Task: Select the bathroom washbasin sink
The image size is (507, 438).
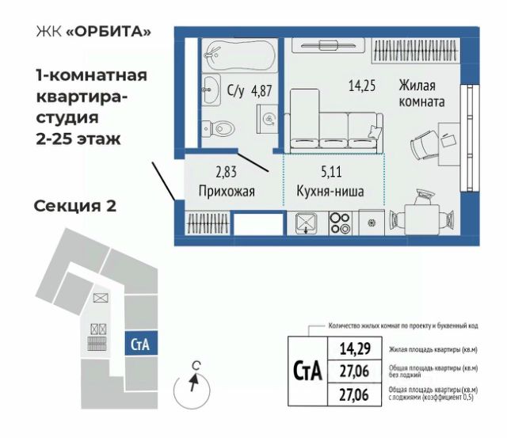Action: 212,90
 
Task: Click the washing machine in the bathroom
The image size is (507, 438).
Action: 268,120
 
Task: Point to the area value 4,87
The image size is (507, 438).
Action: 261,91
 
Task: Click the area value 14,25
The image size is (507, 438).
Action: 362,86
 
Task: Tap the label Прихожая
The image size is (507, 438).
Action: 227,192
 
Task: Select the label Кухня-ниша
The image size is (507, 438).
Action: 330,191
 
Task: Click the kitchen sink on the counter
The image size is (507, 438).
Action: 307,223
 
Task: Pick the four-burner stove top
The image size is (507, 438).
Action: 341,223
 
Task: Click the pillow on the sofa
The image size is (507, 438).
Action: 375,131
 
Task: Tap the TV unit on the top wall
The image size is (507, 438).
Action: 328,46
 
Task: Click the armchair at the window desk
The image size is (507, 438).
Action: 425,146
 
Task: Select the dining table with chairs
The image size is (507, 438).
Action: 421,216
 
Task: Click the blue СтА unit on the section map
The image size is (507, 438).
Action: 141,343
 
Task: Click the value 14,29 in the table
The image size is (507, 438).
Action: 355,348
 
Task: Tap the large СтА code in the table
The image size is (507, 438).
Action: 307,371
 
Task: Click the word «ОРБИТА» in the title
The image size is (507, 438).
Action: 109,32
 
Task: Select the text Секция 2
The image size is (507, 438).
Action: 75,206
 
